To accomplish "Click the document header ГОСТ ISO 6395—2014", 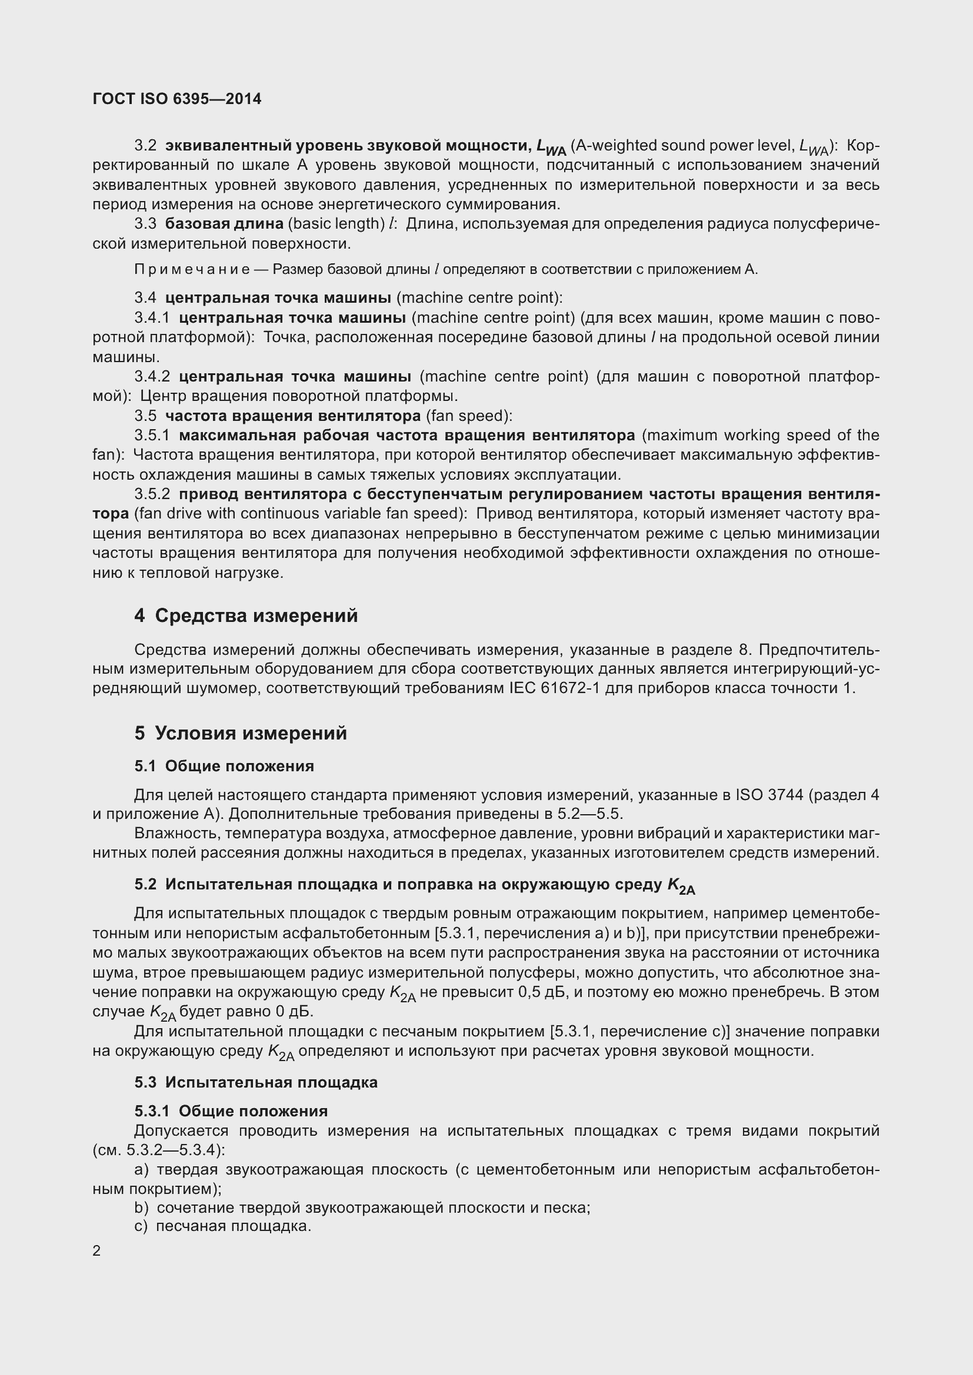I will pos(176,99).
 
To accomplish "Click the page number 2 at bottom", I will pos(97,1251).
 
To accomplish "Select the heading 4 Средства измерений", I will pos(246,615).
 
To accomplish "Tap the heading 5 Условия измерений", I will pos(240,733).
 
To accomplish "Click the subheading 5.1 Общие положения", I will pos(224,766).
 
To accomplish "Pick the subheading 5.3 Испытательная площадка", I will pos(256,1082).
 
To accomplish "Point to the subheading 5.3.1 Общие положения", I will pos(231,1111).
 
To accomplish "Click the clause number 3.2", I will pos(145,146).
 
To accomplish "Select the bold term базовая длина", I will pos(224,224).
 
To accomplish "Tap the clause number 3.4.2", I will pos(152,377).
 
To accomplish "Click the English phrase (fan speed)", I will pos(468,416).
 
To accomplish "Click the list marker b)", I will pos(141,1208).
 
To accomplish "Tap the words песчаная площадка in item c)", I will pos(232,1226).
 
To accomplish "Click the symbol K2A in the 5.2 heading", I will pos(681,886).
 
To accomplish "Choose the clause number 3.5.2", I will pos(152,494).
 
